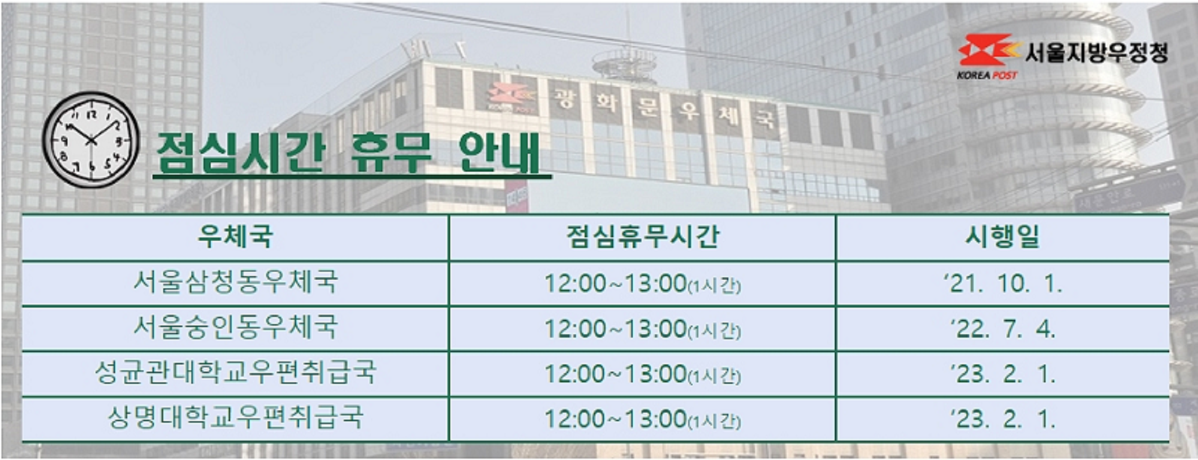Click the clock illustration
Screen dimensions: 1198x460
point(91,140)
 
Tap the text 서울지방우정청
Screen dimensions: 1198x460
point(1096,52)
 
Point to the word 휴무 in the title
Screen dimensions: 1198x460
point(391,153)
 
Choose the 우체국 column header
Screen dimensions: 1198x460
point(235,237)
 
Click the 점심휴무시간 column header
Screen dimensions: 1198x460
point(643,237)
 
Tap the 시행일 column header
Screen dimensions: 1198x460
point(1002,237)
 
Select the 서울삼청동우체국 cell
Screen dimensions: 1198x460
point(235,282)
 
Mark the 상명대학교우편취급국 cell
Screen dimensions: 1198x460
point(235,418)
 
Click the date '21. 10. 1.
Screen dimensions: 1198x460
point(1002,283)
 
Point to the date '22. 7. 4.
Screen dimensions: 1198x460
point(1002,329)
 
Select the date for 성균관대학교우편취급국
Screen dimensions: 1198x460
point(1002,374)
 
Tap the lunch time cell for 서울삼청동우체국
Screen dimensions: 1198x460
point(643,283)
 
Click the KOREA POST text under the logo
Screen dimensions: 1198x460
point(987,75)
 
